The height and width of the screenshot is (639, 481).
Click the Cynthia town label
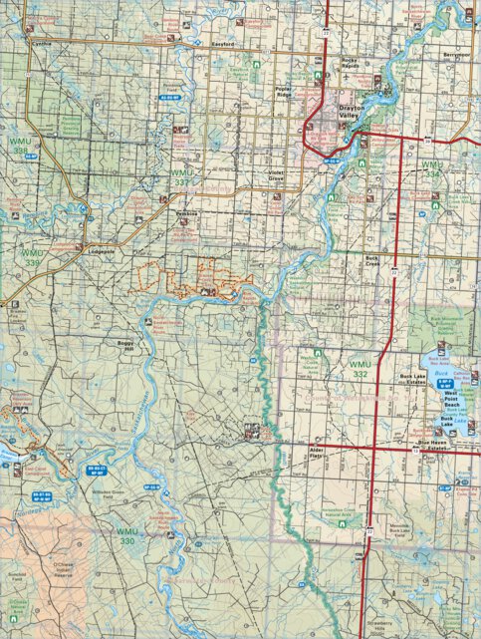[x=42, y=45]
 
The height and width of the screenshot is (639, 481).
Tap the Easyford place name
[x=223, y=45]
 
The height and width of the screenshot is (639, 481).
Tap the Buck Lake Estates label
[x=412, y=379]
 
